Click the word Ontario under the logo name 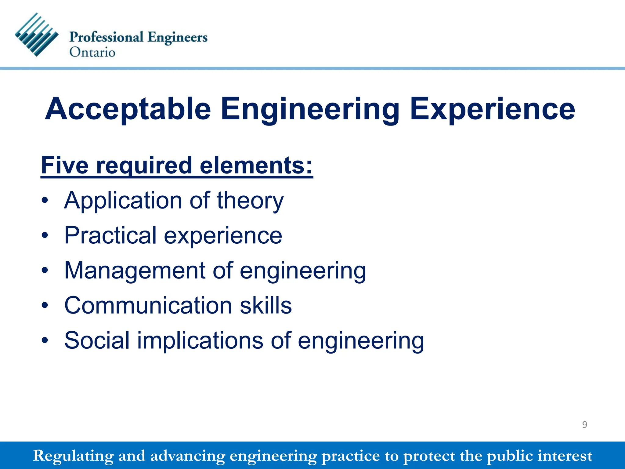[92, 52]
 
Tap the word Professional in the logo [106, 37]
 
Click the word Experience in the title [492, 109]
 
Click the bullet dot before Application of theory [45, 201]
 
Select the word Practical [110, 235]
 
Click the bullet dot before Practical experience [45, 235]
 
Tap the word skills [266, 305]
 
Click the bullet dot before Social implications [45, 340]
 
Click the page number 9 [584, 425]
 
